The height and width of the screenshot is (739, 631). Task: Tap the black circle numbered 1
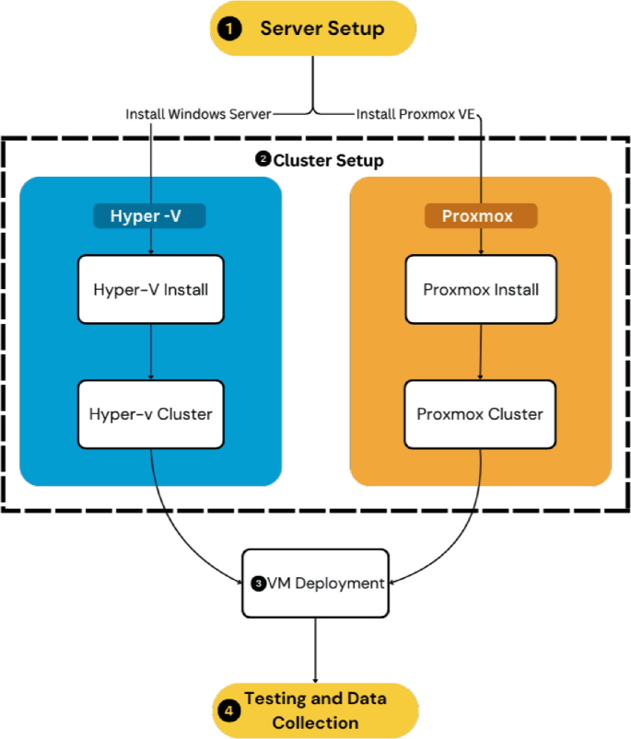228,29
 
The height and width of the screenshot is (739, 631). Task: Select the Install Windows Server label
198,114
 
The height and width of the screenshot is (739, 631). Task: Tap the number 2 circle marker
263,160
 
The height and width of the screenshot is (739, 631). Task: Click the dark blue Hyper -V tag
149,216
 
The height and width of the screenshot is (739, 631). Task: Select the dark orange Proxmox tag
481,216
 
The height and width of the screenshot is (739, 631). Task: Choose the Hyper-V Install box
150,289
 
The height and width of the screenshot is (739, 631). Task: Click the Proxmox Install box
480,289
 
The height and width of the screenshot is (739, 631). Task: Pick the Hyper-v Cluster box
150,414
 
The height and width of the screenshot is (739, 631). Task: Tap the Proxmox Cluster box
480,414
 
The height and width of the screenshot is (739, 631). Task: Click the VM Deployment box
316,583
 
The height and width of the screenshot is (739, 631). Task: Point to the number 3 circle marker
259,583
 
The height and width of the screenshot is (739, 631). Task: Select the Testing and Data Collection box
315,710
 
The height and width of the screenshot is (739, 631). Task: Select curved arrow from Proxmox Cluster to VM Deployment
456,543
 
